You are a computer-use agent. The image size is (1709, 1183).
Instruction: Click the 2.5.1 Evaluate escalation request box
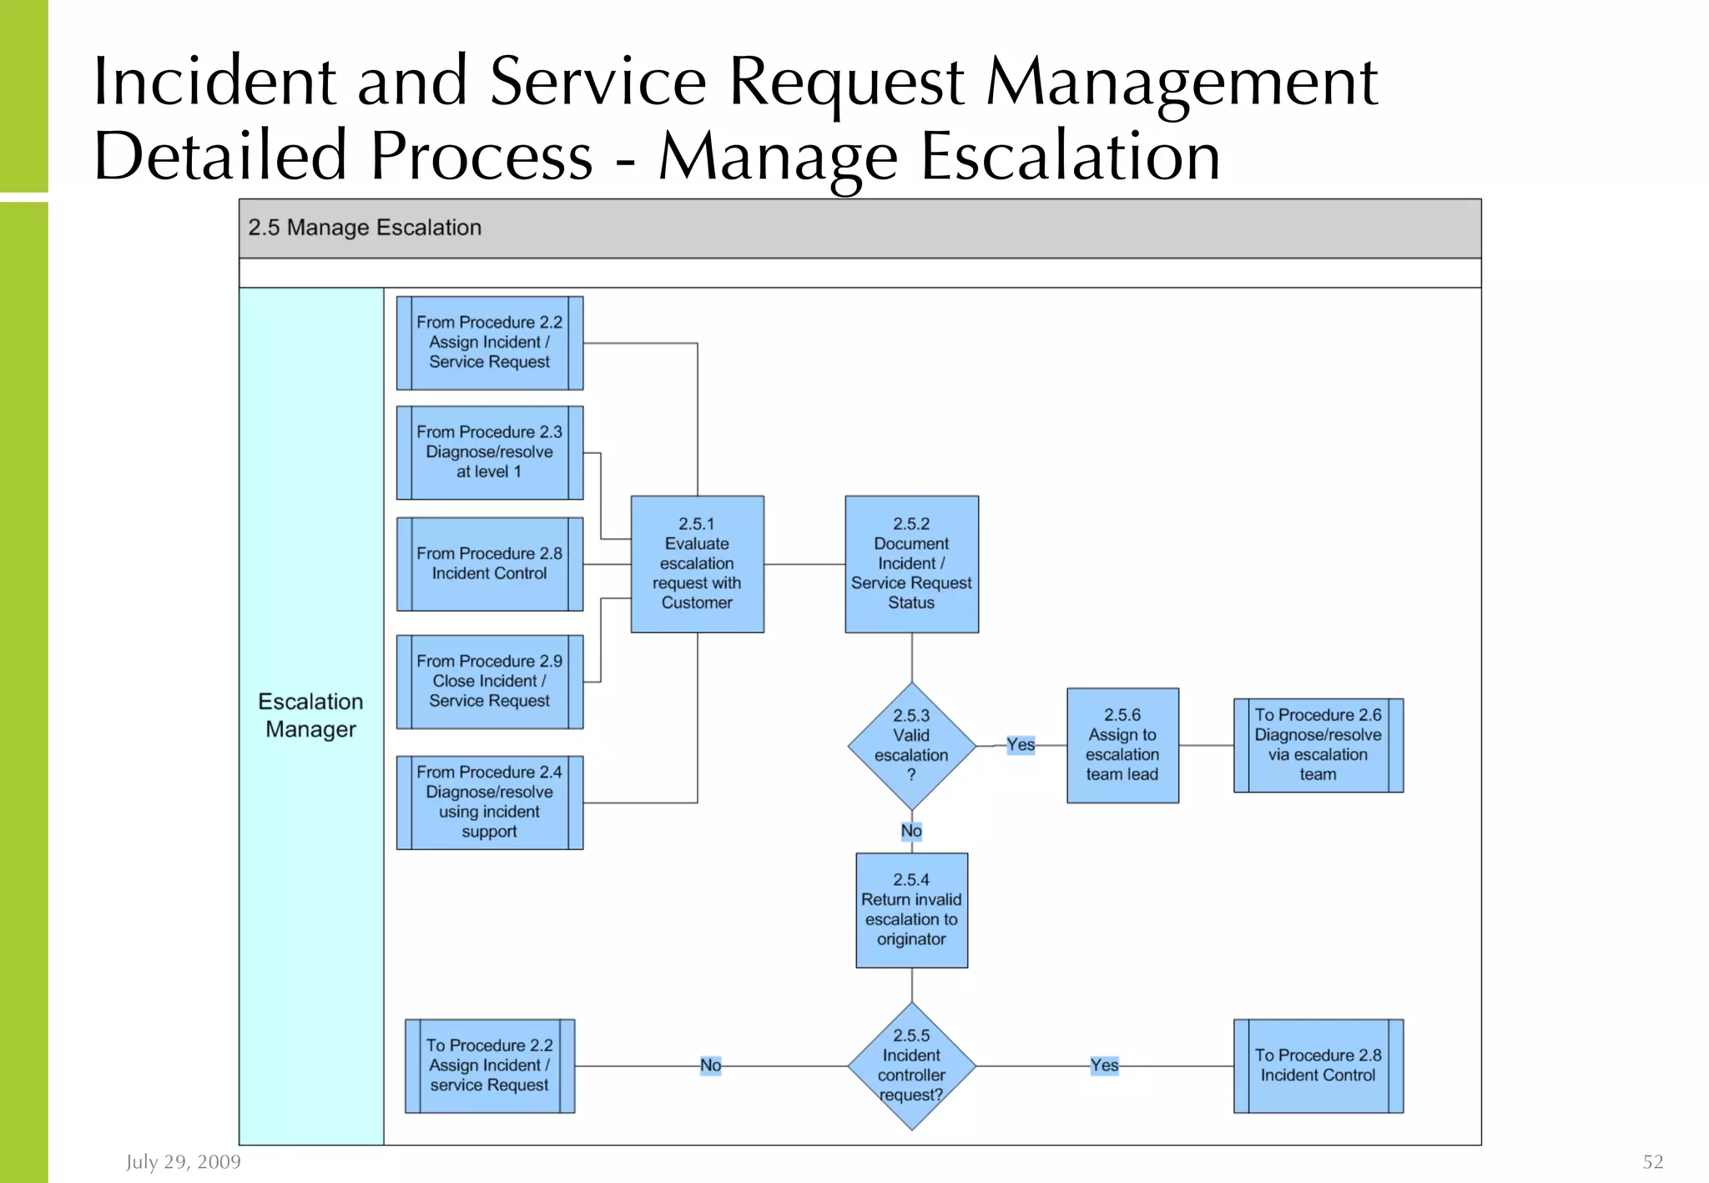(x=697, y=564)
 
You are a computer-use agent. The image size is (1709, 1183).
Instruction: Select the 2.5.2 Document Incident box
(x=911, y=564)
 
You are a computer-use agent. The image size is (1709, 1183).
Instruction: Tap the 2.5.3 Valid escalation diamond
(x=911, y=745)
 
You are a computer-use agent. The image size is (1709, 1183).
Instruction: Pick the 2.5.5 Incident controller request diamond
(x=911, y=1065)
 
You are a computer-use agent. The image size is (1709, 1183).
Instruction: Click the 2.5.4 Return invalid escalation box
(x=911, y=909)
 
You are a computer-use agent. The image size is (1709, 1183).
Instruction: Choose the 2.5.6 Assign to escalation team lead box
(x=1122, y=745)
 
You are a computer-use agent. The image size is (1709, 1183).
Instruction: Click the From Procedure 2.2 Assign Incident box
(x=490, y=343)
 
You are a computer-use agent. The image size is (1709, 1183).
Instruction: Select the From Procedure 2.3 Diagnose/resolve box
(x=490, y=452)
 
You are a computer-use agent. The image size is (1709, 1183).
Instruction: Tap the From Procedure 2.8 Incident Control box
(x=490, y=564)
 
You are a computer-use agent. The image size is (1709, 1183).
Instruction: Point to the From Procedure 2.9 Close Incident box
(x=490, y=682)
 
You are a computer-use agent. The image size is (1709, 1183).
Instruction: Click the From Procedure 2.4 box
(x=490, y=802)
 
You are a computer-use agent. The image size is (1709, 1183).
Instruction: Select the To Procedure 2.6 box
(x=1318, y=745)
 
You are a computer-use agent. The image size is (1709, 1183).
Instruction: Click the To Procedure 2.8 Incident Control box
(x=1318, y=1065)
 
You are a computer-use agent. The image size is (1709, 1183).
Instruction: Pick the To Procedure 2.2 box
(x=490, y=1065)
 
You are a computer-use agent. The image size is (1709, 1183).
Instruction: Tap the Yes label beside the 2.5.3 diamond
(x=1020, y=744)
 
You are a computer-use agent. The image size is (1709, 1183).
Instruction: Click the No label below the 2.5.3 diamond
(x=911, y=831)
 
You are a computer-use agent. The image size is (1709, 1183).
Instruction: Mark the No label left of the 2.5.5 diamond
(x=710, y=1065)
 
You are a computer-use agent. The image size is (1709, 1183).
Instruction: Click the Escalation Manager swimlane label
(x=310, y=716)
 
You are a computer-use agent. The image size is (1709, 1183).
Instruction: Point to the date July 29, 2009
(x=184, y=1161)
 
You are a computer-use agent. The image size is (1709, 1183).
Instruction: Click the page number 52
(x=1652, y=1161)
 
